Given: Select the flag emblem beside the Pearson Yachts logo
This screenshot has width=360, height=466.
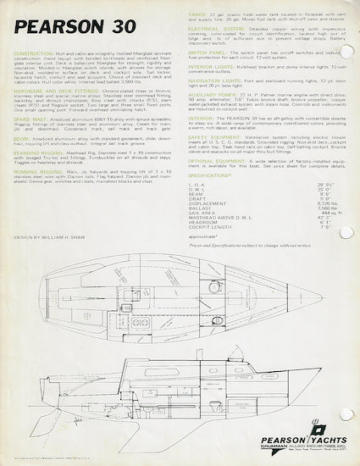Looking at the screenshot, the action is [x=333, y=430].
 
